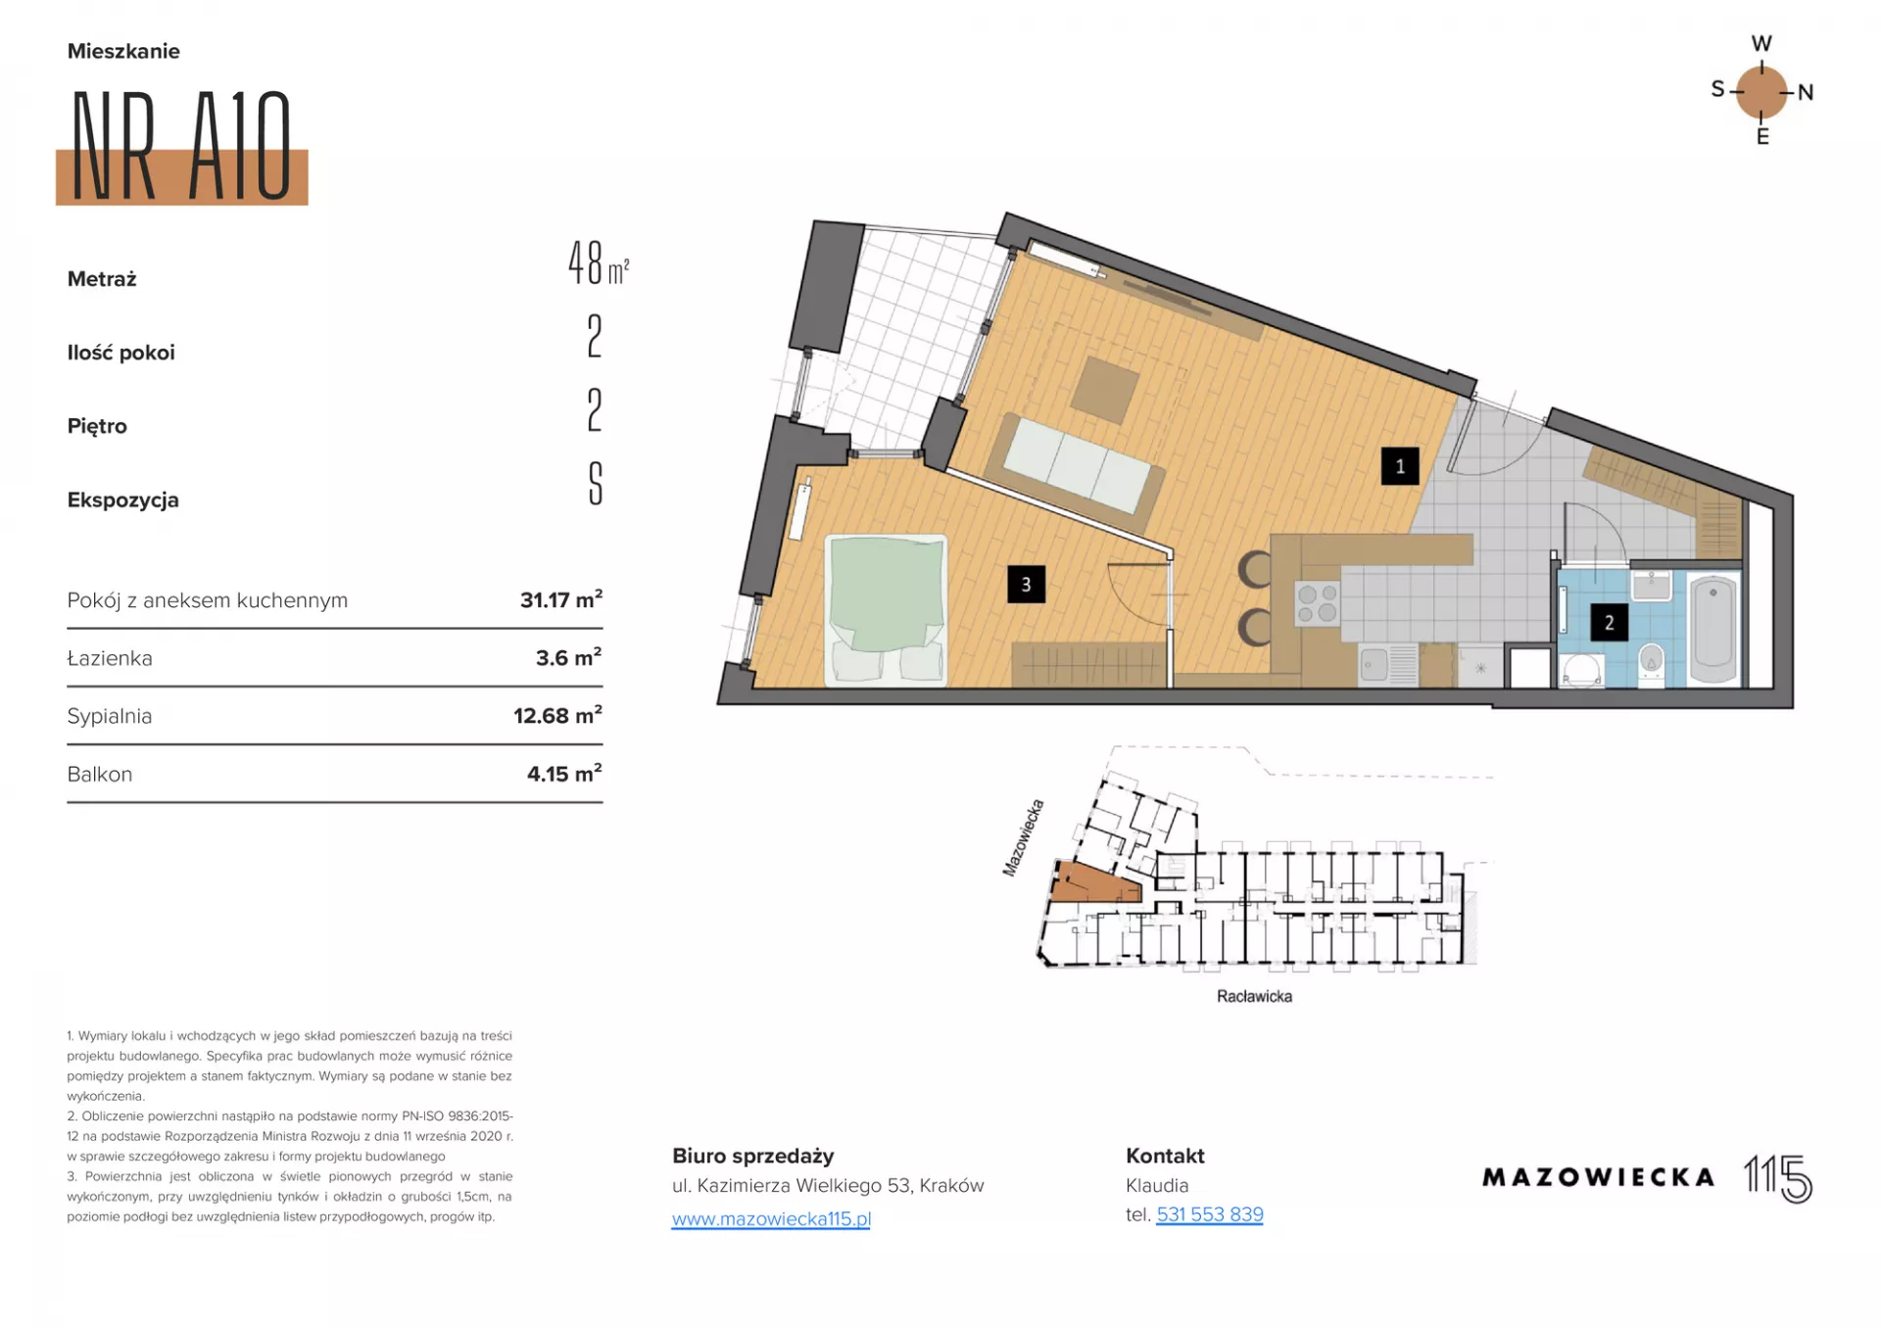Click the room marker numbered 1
1400,466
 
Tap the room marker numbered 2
1609,622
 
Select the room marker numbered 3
1026,585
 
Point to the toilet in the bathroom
1651,665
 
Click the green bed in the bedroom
886,608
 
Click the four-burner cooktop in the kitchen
1318,603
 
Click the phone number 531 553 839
1209,1214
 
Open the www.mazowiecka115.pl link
771,1218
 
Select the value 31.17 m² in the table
560,599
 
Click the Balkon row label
99,774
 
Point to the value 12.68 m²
557,715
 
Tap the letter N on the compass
1806,93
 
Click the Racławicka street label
1254,996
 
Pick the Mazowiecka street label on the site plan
1023,837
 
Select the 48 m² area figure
598,262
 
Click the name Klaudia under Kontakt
1157,1185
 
